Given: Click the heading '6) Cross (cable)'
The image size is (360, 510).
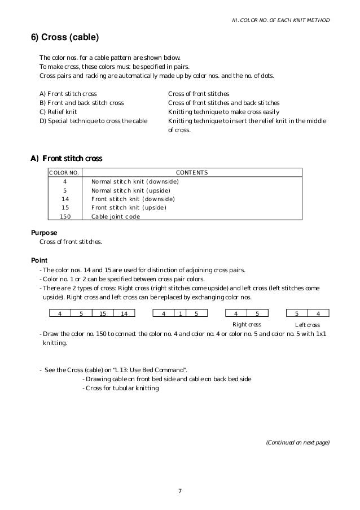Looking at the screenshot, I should (64, 38).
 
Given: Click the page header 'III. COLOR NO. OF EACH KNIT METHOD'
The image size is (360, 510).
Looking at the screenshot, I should (281, 21).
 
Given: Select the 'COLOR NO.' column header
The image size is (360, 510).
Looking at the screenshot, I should (64, 173).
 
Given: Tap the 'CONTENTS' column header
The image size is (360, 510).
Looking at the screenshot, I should (192, 173).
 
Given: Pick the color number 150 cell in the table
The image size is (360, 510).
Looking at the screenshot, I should (65, 216).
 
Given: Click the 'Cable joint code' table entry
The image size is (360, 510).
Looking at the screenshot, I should (116, 216).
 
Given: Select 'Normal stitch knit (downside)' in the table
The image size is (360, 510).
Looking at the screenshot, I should (135, 182).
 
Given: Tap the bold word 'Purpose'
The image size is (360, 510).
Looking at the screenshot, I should (45, 233).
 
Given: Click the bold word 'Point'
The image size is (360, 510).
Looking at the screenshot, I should (39, 260).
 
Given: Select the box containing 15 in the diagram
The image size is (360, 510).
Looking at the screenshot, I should (103, 313).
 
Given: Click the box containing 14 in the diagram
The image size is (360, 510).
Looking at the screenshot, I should (124, 313).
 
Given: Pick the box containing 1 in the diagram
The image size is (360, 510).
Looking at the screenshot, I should (179, 313).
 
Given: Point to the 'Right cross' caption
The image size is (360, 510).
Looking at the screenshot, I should (247, 325).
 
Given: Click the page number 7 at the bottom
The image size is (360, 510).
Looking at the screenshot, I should (179, 490).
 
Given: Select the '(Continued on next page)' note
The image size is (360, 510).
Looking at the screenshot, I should (297, 443).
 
